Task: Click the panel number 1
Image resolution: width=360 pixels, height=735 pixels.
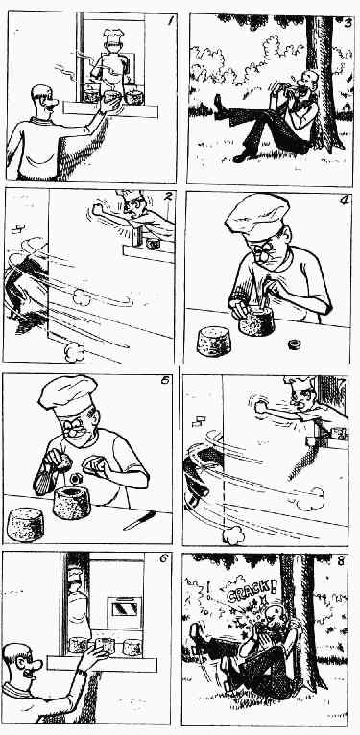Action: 170,20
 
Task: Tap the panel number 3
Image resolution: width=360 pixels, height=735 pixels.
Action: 348,22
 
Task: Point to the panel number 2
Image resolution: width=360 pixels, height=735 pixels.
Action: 168,197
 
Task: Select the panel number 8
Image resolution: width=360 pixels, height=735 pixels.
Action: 340,561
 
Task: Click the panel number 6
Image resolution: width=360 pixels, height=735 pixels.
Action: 163,558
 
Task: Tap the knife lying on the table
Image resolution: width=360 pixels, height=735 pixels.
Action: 139,520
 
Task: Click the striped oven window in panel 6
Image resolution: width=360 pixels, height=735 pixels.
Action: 124,608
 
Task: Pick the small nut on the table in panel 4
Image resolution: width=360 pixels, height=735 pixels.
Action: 294,345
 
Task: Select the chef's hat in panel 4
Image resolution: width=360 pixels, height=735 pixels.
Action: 257,217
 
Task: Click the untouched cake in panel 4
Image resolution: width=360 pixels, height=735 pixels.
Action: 214,342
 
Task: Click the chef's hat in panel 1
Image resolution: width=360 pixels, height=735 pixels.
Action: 113,35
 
